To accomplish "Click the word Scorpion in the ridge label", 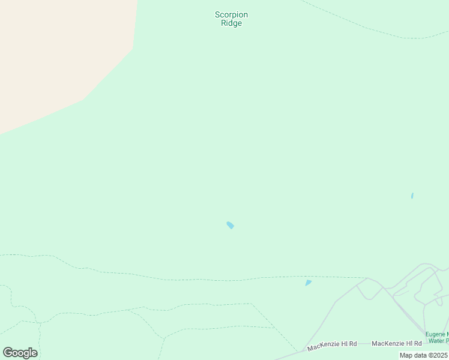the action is point(231,15).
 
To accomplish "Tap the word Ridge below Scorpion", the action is point(231,23).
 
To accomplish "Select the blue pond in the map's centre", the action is point(230,225).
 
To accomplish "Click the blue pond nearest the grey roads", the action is point(308,283).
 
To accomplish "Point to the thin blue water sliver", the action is point(412,196).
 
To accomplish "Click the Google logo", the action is point(20,353).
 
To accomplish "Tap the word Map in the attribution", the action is point(406,355).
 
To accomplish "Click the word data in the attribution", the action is point(420,355).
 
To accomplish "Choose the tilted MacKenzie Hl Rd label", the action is point(332,346).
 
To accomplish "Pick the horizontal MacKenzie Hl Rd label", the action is point(397,343).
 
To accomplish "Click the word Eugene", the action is point(436,334).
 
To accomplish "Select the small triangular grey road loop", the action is point(368,292).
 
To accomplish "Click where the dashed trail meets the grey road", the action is point(367,278).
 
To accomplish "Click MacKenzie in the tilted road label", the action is point(323,347).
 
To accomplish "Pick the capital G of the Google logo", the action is point(8,353).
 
